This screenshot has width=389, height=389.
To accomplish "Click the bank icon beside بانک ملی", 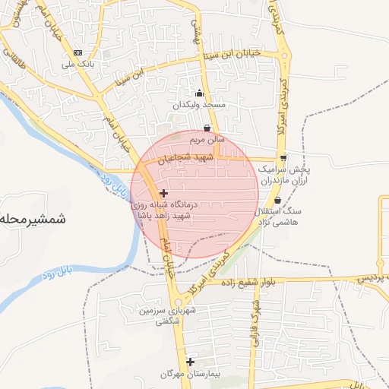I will coord(78,52).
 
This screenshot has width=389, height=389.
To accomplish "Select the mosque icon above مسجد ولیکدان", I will coord(199,93).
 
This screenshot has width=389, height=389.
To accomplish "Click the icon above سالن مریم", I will coord(207,130).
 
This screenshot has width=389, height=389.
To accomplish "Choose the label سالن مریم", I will coord(207,141).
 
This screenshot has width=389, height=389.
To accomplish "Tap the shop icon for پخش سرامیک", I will coord(283,158).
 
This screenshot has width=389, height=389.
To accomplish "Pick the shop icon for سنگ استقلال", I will coord(277,201).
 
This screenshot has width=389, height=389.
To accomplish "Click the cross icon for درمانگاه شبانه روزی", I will coord(163,194).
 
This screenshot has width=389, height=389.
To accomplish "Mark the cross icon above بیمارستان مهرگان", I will coord(190,362).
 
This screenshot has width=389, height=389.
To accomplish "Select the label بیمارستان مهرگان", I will coord(189,374).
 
